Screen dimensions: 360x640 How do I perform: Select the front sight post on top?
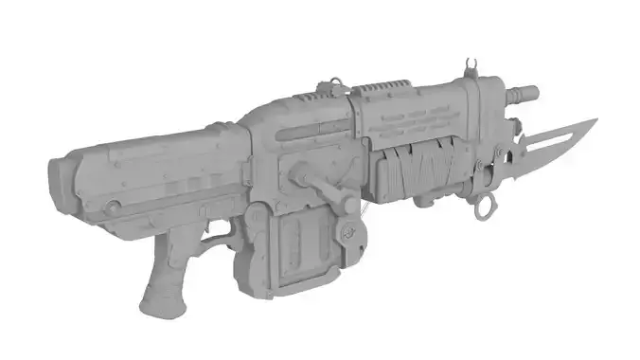point(470,68)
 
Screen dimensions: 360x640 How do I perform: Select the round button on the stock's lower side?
point(114,206)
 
